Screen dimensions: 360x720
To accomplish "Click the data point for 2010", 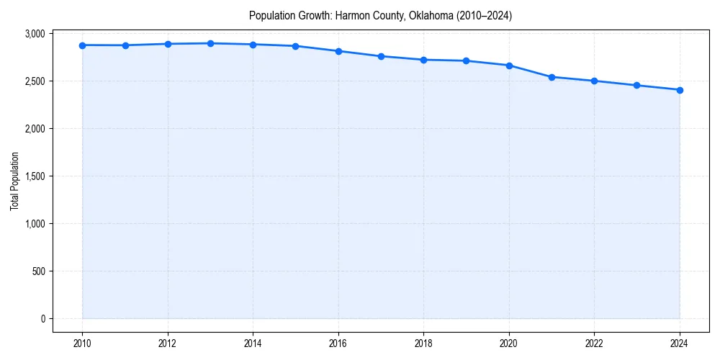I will point(83,45).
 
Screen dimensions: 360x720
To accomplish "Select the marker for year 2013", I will point(210,43).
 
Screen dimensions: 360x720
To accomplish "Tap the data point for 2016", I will point(338,51).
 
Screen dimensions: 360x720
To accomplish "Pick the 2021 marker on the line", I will point(552,77).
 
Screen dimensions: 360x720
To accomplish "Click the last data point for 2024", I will point(680,90).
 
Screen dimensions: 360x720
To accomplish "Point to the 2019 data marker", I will point(467,60).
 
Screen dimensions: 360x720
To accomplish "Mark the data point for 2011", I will point(125,45).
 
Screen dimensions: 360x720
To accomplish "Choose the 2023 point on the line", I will point(637,85).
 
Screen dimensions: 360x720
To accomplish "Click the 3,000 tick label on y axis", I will point(35,34).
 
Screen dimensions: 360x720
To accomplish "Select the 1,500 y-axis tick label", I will point(35,176).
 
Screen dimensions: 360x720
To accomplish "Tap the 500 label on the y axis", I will point(38,271).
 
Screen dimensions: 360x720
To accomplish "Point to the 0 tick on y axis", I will point(42,319).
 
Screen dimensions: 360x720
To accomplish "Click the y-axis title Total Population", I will point(14,181).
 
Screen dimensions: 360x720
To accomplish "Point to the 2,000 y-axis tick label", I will point(35,129).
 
